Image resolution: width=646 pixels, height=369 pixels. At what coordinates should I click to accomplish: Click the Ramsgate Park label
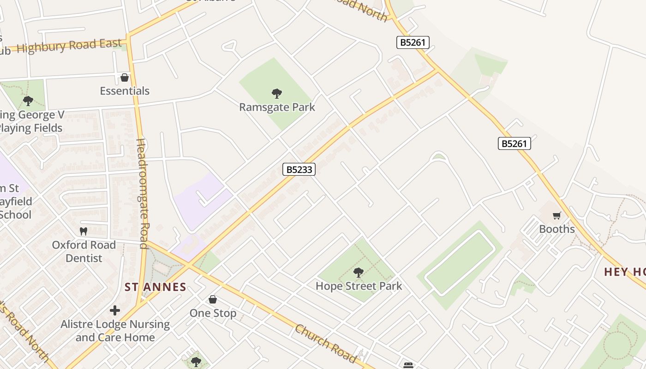tap(277, 107)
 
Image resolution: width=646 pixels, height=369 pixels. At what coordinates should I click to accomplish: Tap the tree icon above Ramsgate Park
tap(277, 94)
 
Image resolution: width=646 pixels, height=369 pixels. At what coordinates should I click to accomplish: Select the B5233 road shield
tap(299, 169)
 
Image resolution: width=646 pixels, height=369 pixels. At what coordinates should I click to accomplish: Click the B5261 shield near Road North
tap(413, 43)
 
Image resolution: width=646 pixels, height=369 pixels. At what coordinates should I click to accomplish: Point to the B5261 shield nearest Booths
tap(514, 143)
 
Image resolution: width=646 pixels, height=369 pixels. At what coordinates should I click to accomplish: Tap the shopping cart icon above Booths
tap(557, 216)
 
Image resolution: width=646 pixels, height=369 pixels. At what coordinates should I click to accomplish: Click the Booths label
tap(557, 229)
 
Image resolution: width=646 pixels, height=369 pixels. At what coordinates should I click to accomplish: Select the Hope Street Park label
tap(359, 286)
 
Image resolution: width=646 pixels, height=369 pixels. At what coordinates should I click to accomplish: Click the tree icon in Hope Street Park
tap(359, 273)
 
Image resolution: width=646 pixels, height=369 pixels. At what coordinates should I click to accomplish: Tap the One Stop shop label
tap(213, 313)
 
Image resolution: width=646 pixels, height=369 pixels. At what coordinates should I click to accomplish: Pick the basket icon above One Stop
tap(213, 300)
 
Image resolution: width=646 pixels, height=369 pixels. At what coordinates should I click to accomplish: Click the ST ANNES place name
tap(156, 287)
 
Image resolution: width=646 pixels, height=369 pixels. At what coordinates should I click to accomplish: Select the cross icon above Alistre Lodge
tap(115, 310)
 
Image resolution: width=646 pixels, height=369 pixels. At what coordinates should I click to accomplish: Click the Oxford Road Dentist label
tap(84, 251)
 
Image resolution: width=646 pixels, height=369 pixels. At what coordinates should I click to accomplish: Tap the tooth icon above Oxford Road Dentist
tap(84, 231)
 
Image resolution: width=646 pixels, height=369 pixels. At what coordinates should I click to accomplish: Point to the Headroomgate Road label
tap(142, 194)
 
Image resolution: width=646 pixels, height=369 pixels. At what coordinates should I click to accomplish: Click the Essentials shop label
tap(125, 91)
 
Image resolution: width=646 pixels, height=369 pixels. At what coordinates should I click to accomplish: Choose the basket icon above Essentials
tap(124, 77)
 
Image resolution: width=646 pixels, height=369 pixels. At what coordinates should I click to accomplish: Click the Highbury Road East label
tap(69, 46)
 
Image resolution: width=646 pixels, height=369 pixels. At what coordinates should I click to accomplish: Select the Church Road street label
tap(326, 344)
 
